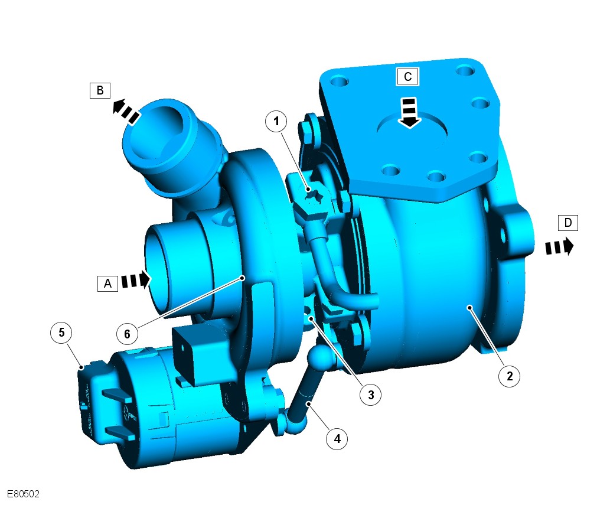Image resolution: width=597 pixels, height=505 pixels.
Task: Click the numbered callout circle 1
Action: tap(276, 122)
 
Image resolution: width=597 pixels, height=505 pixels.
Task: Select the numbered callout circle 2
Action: tap(510, 376)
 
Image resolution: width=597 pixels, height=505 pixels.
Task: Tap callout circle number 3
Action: tap(370, 395)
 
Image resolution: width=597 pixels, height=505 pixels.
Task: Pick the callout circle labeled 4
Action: tap(337, 439)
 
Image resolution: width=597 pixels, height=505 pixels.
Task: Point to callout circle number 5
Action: tap(61, 333)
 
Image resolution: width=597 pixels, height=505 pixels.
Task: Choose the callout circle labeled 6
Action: tap(127, 334)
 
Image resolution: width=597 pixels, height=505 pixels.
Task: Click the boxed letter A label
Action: tap(107, 284)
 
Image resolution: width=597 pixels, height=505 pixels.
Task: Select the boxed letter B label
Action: tap(100, 90)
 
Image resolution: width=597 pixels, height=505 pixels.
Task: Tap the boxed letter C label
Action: tap(408, 77)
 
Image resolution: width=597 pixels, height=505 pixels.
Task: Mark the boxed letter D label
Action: tap(567, 223)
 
